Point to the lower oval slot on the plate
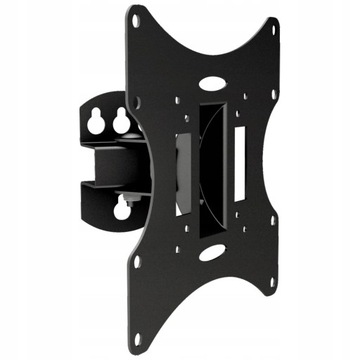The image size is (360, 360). [x=211, y=254]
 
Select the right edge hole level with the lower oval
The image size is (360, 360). [x=271, y=226]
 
